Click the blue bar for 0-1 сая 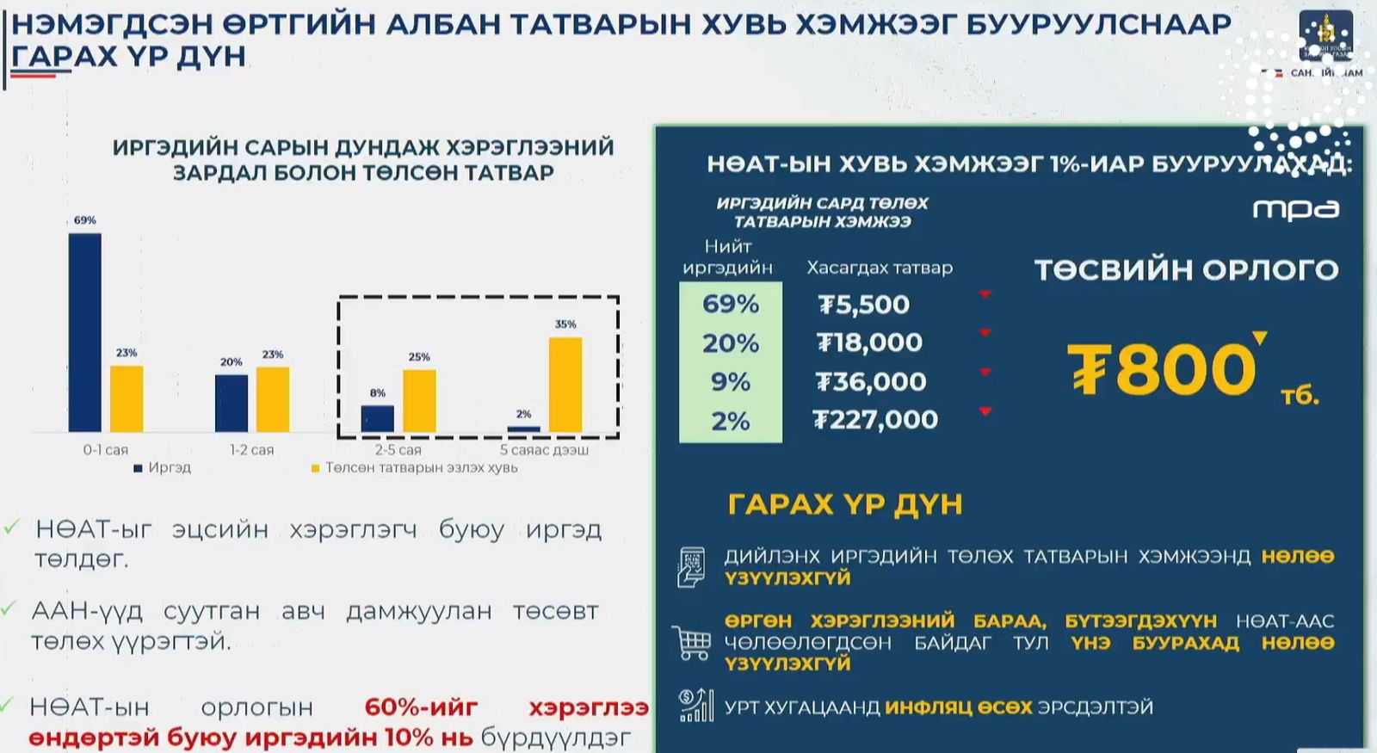(x=84, y=332)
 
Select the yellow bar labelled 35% (x=565, y=384)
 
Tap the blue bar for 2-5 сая (x=377, y=418)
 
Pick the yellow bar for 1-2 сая (x=273, y=399)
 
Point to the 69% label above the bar (x=84, y=220)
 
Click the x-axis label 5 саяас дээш (x=544, y=449)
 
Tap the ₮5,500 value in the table (x=863, y=305)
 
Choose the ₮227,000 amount (x=875, y=420)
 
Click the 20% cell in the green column (x=730, y=343)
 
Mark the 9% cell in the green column (x=730, y=381)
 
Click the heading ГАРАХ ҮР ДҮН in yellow (x=844, y=504)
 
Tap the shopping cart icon (x=692, y=642)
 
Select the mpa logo (x=1295, y=209)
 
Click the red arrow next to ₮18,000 (x=985, y=333)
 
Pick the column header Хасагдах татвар (x=880, y=268)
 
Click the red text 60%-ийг (x=421, y=707)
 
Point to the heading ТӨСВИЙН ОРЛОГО (x=1186, y=270)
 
